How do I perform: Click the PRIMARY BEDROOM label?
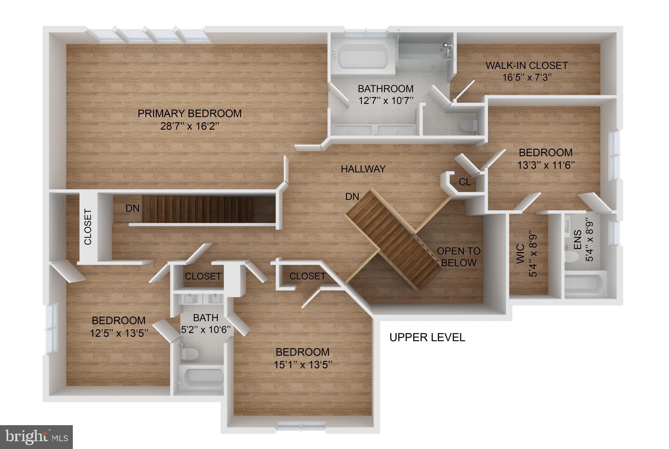(x=189, y=114)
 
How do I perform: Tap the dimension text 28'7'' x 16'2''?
(x=189, y=126)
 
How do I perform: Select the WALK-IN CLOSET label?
(x=527, y=66)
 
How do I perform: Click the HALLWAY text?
(x=363, y=169)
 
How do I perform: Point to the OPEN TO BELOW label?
(x=459, y=257)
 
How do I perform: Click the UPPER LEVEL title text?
(x=427, y=337)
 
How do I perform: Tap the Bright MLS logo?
(x=36, y=437)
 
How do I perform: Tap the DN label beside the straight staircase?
(x=133, y=208)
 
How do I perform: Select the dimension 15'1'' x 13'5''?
(x=303, y=364)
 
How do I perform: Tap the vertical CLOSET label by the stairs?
(x=88, y=227)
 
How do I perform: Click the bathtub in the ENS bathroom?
(x=585, y=283)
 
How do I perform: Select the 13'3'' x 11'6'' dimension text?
(x=546, y=165)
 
